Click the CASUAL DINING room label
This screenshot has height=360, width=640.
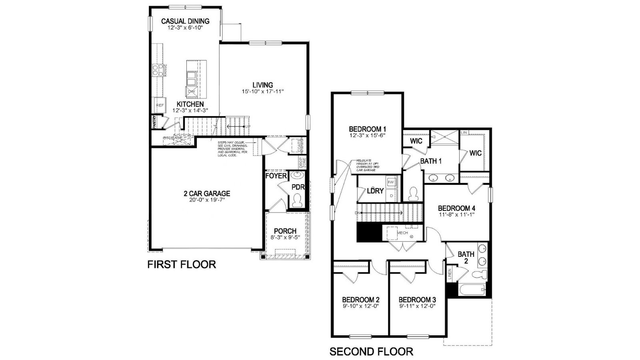tap(185, 21)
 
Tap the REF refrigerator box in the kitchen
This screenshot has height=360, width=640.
tap(160, 105)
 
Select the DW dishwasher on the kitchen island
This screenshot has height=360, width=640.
tap(192, 92)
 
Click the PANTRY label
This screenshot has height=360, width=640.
tap(154, 122)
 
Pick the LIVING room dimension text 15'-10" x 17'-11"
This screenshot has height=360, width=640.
tap(263, 92)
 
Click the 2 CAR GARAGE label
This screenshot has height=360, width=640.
tap(207, 194)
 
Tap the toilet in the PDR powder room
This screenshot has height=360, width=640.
tap(298, 200)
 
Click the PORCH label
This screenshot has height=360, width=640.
tap(285, 231)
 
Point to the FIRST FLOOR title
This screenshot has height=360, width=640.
tap(182, 264)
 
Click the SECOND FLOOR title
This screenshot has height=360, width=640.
tap(371, 352)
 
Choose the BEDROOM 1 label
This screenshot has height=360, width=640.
tap(367, 129)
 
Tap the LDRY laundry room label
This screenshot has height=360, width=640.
tap(375, 191)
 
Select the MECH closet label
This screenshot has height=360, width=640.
tap(402, 233)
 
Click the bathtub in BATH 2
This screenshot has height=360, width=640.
tap(472, 290)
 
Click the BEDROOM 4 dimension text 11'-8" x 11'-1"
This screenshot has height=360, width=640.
tap(456, 215)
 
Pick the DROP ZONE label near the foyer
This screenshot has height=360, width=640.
tap(302, 162)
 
